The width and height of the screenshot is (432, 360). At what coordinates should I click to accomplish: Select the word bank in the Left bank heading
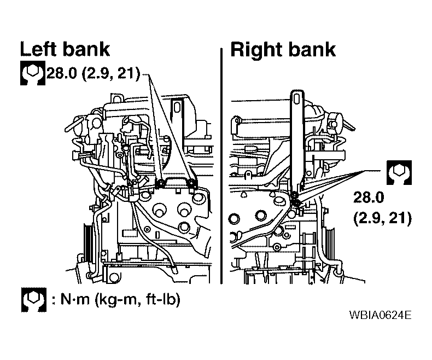tap(86, 49)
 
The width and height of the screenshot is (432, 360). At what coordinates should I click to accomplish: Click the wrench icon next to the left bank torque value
tap(32, 73)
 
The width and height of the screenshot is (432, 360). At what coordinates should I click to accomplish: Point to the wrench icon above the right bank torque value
tap(399, 172)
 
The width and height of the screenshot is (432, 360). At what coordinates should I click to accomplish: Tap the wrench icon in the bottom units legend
tap(33, 300)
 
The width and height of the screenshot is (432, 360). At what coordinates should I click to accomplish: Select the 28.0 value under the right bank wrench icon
tap(369, 198)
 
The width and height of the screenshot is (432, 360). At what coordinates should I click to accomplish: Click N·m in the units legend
tap(75, 299)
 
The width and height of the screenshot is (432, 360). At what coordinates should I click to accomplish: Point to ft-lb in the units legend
tap(163, 299)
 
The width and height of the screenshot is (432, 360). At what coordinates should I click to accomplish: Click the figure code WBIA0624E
tap(380, 315)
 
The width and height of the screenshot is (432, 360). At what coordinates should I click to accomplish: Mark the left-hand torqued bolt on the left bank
tap(160, 183)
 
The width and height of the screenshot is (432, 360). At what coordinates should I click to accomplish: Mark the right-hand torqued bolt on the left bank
tap(191, 183)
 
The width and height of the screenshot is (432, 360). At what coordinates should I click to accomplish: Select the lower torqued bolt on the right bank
tap(296, 203)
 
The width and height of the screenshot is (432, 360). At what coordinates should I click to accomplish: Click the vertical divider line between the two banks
tap(221, 166)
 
